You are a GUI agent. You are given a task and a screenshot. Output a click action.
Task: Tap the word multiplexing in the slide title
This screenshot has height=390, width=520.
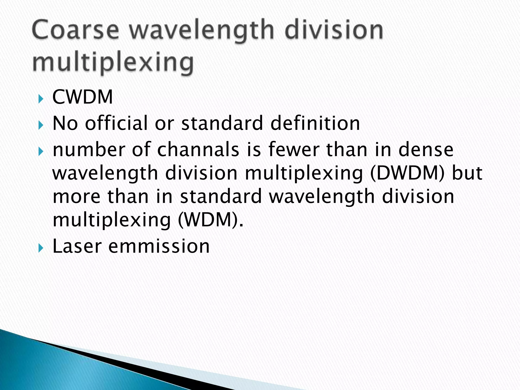coord(113,62)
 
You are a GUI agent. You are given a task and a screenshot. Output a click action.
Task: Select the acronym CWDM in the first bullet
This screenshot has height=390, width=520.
coord(83,97)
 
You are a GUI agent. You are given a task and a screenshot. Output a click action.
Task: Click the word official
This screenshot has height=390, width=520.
coord(116,123)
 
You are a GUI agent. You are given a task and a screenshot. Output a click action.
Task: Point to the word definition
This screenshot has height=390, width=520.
coord(315,123)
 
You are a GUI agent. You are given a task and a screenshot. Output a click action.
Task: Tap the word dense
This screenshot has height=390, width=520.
coord(426,150)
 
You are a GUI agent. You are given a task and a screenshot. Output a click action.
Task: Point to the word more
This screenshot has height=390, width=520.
coord(76,197)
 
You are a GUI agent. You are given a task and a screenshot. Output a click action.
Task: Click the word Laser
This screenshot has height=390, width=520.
coord(77,246)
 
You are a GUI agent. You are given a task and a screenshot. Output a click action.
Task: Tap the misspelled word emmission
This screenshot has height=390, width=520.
coord(159,246)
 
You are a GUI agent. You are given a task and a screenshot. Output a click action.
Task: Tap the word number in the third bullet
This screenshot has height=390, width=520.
coord(89,150)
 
